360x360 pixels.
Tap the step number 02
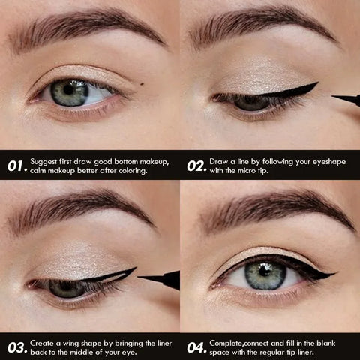click(x=196, y=165)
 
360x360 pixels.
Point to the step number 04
click(x=196, y=346)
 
